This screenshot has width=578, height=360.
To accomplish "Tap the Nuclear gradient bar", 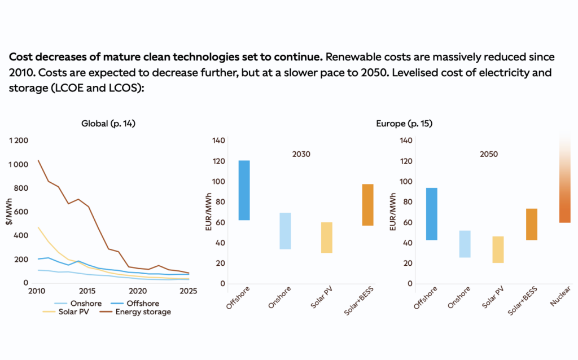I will (x=565, y=181).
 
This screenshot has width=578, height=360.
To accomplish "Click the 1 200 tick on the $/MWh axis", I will (x=18, y=141).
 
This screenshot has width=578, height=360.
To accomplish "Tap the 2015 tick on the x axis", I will (x=87, y=291).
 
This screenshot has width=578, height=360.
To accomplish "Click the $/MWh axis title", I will (x=10, y=217).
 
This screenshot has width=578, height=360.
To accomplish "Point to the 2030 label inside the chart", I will (x=301, y=153).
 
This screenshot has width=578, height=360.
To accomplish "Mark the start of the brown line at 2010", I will (x=39, y=160).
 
